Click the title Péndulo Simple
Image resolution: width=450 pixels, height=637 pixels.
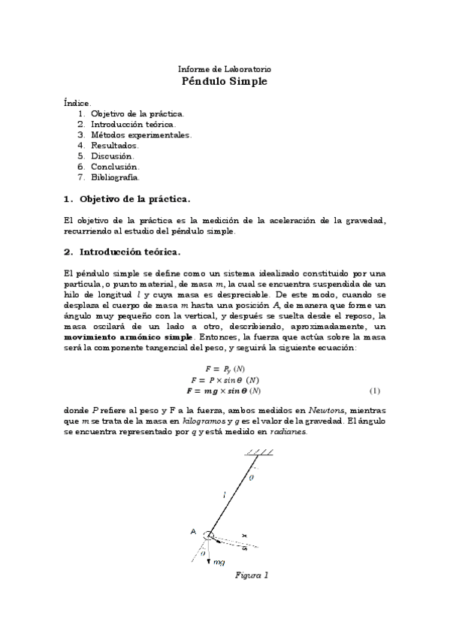point(224,81)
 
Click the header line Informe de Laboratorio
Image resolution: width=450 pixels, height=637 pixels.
point(224,68)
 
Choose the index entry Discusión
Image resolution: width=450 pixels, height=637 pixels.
point(111,156)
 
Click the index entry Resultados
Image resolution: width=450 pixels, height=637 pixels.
point(114,146)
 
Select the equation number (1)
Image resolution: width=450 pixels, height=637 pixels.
point(375,391)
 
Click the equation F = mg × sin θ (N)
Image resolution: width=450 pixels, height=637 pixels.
point(224,391)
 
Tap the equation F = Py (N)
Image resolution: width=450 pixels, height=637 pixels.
point(224,369)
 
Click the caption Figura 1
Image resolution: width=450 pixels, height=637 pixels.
point(252,575)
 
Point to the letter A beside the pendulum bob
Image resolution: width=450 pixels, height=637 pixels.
point(193,532)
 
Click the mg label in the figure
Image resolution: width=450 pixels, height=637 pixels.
point(220,562)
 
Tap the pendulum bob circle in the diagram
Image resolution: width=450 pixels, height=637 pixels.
point(209,536)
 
